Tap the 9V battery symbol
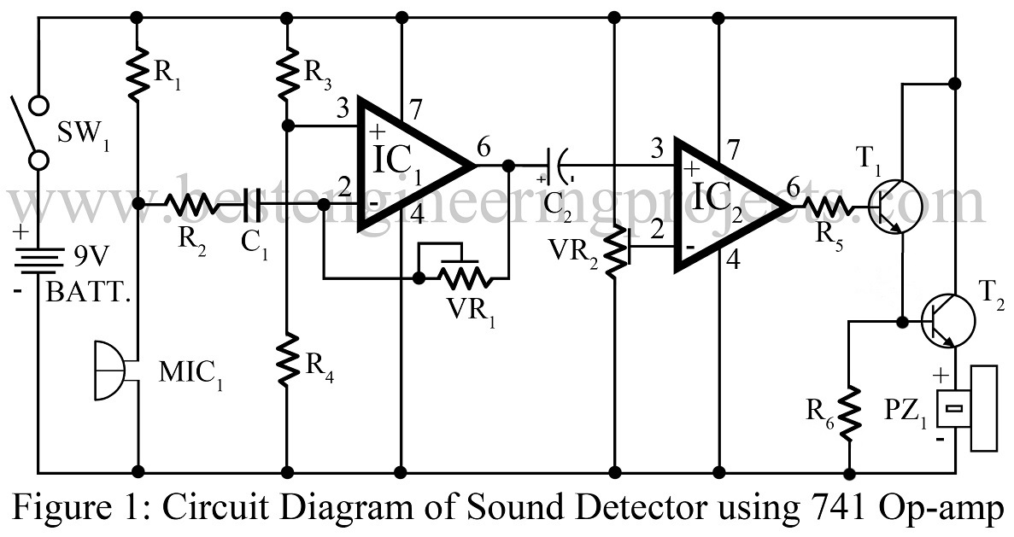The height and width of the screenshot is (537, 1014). (39, 257)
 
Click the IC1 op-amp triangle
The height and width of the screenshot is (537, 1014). (406, 163)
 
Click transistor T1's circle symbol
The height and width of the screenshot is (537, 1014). (896, 204)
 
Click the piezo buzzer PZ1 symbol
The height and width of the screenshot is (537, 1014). (970, 408)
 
